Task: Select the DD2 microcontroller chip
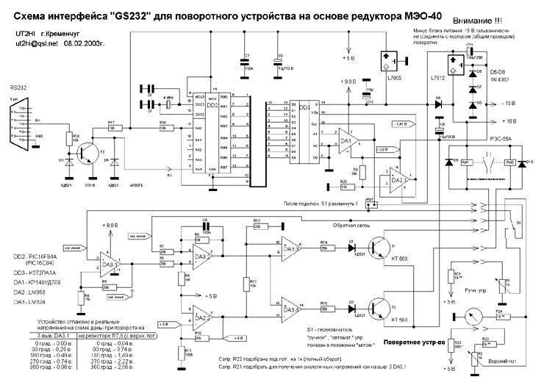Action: [x=214, y=132]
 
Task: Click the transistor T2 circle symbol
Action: [x=380, y=304]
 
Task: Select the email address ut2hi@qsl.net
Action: [x=32, y=46]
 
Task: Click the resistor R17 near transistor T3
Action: [x=112, y=126]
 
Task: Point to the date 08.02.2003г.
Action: [x=85, y=46]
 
